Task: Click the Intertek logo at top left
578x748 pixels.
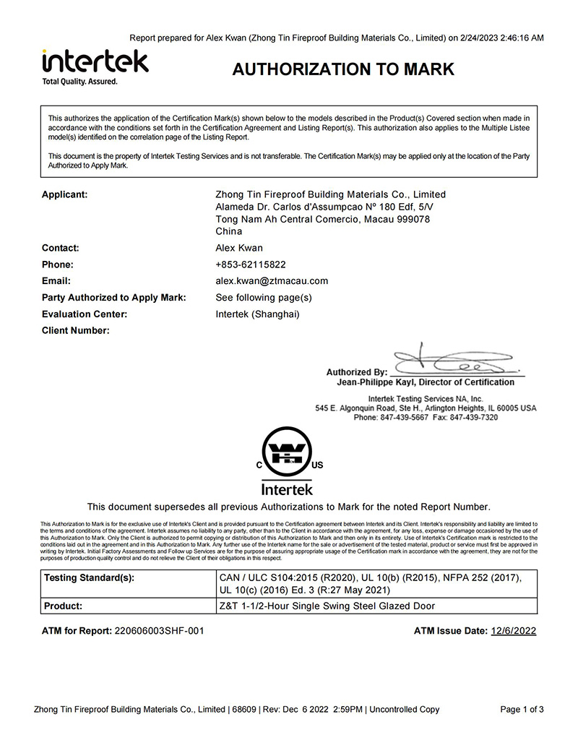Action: pyautogui.click(x=95, y=61)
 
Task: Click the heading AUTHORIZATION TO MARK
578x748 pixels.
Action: pyautogui.click(x=343, y=69)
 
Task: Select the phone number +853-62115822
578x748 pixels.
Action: pyautogui.click(x=251, y=265)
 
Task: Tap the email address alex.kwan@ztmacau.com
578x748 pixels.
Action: pyautogui.click(x=272, y=281)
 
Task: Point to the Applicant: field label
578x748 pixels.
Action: pyautogui.click(x=65, y=194)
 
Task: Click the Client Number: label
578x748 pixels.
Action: pyautogui.click(x=76, y=331)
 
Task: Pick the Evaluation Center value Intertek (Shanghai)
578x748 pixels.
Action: pyautogui.click(x=257, y=314)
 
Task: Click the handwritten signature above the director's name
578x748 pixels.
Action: pyautogui.click(x=452, y=358)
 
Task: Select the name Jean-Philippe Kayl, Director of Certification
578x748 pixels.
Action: pyautogui.click(x=426, y=382)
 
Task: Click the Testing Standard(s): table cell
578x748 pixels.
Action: pyautogui.click(x=90, y=577)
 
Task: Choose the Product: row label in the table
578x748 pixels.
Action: pyautogui.click(x=64, y=606)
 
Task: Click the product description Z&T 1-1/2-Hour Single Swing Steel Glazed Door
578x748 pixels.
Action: pyautogui.click(x=327, y=606)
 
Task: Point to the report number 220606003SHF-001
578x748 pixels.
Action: pyautogui.click(x=159, y=631)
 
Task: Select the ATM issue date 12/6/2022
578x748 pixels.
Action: pyautogui.click(x=514, y=631)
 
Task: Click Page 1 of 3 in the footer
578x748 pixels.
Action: pyautogui.click(x=522, y=710)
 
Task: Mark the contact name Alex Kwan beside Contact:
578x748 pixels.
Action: pyautogui.click(x=239, y=248)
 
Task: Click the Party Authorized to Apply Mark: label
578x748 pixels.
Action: pyautogui.click(x=114, y=298)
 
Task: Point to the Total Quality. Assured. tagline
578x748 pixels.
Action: pyautogui.click(x=79, y=82)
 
